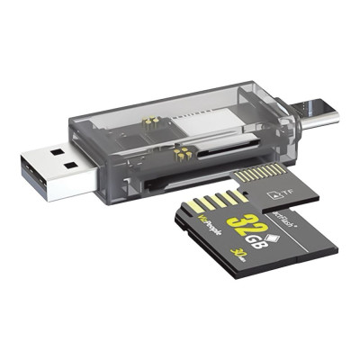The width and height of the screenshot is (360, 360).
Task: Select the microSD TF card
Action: pyautogui.click(x=279, y=184)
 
